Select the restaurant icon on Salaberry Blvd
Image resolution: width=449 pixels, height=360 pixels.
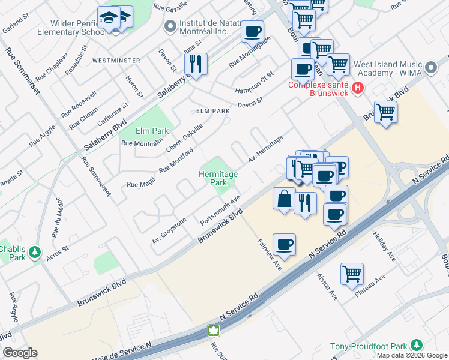tap(195, 63)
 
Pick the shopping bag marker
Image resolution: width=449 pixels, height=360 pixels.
tap(284, 199)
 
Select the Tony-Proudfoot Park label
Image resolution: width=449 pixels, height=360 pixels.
tap(367, 347)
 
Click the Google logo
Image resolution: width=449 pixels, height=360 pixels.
tap(20, 353)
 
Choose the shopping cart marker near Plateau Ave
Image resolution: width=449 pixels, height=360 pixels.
tap(352, 274)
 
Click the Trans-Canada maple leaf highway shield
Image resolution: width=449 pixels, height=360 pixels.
tap(213, 331)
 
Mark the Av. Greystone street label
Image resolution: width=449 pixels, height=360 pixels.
tap(169, 230)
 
